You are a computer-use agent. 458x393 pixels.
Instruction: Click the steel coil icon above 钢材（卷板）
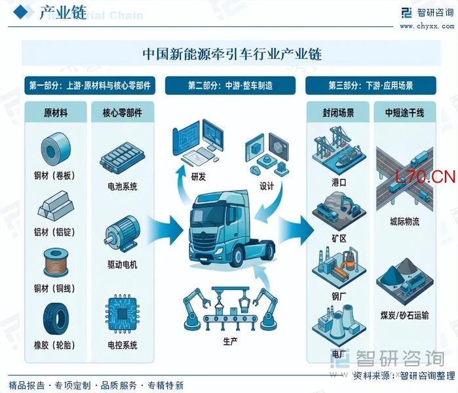pyautogui.click(x=56, y=149)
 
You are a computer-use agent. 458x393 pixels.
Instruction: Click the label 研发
pyautogui.click(x=199, y=176)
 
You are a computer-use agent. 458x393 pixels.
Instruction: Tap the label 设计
pyautogui.click(x=267, y=186)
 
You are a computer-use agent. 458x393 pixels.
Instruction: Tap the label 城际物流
pyautogui.click(x=404, y=222)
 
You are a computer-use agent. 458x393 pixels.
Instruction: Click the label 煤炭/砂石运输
pyautogui.click(x=404, y=315)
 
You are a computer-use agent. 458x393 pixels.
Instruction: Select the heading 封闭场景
pyautogui.click(x=339, y=113)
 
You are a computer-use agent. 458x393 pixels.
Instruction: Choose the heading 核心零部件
pyautogui.click(x=123, y=113)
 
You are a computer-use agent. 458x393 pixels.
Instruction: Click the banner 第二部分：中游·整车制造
pyautogui.click(x=231, y=86)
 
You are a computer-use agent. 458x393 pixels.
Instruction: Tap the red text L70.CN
pyautogui.click(x=425, y=176)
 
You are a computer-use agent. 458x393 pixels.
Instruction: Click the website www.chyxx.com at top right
pyautogui.click(x=427, y=27)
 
